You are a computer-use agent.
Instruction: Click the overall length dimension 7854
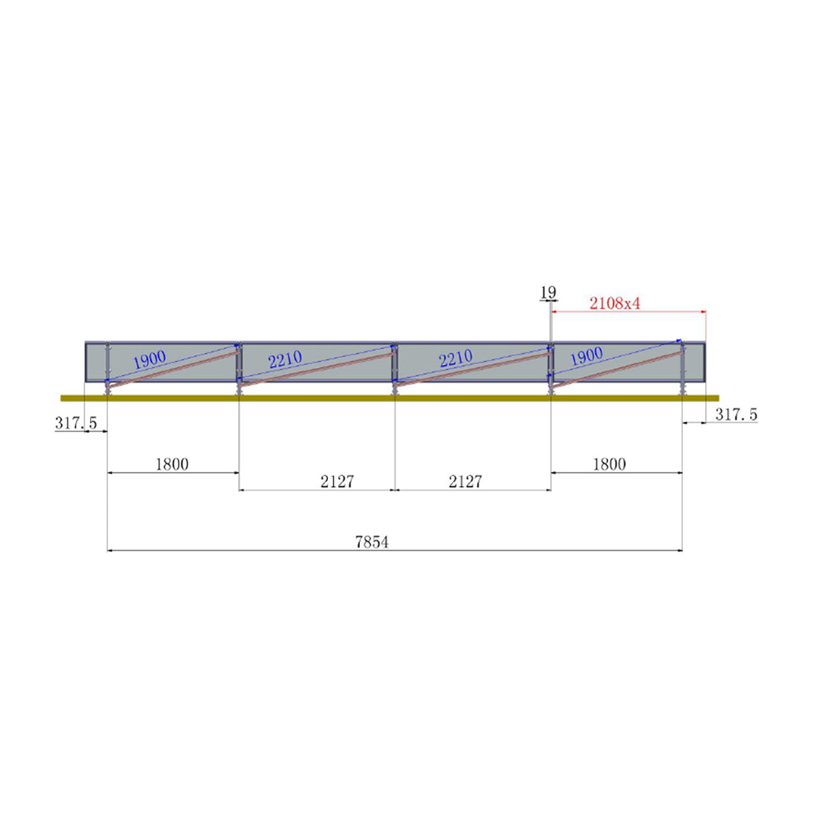(x=372, y=542)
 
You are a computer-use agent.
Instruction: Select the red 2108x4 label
(x=615, y=303)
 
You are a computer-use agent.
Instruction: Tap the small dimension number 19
(x=548, y=292)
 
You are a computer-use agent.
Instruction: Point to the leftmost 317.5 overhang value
(x=76, y=423)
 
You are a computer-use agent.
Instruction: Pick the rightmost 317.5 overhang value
(x=736, y=414)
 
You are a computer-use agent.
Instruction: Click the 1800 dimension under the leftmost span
(x=172, y=464)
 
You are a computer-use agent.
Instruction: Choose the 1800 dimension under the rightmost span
(x=609, y=464)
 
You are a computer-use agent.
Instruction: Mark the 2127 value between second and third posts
(x=337, y=481)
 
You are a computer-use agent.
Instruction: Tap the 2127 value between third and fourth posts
(x=465, y=481)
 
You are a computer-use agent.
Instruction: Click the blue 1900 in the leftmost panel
(x=149, y=360)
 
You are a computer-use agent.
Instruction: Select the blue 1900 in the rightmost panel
(x=586, y=356)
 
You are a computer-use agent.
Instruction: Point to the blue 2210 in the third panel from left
(x=456, y=359)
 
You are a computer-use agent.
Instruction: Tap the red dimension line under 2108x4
(x=627, y=312)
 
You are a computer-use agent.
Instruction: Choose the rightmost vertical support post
(x=682, y=368)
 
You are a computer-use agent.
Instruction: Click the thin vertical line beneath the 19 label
(x=549, y=324)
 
